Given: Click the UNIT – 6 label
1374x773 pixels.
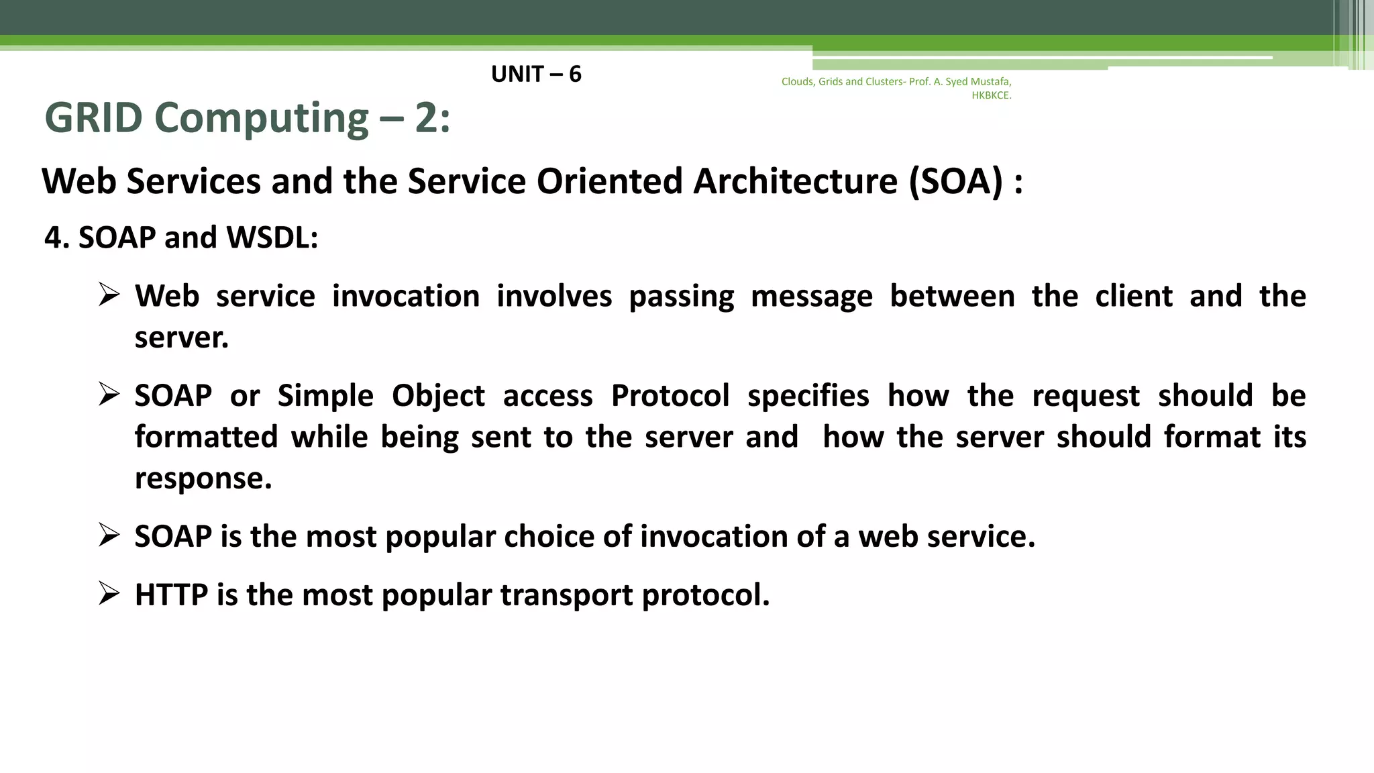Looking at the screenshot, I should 536,74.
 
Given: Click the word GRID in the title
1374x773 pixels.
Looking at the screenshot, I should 93,118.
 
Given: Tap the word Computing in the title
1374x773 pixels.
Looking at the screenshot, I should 262,118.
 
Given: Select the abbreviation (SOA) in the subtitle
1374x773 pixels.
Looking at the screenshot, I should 955,181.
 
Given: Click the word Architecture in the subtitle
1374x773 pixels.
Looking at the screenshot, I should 795,181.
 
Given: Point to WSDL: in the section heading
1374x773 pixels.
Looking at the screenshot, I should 272,238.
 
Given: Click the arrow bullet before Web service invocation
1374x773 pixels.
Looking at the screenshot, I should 109,295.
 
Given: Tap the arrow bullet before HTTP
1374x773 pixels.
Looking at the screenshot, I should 109,593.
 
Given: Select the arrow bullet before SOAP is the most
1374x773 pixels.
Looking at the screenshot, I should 109,535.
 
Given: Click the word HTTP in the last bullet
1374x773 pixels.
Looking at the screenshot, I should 171,595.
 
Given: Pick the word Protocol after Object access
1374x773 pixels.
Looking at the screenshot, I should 670,396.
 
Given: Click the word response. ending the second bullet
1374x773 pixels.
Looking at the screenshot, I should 203,478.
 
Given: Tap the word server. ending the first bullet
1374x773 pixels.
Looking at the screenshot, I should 181,338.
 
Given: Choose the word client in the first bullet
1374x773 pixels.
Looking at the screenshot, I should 1134,296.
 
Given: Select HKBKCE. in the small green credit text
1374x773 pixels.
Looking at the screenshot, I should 991,95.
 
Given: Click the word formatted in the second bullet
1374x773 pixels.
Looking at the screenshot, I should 206,437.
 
